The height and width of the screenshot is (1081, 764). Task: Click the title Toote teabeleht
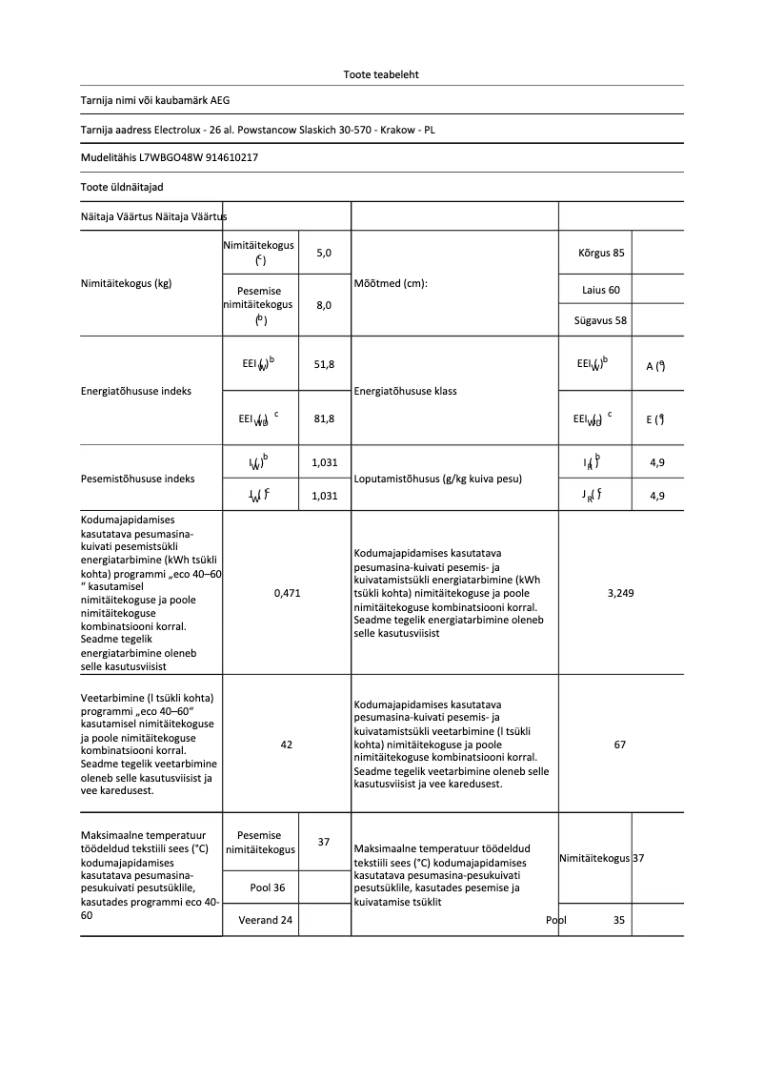381,74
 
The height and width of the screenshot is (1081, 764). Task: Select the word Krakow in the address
398,129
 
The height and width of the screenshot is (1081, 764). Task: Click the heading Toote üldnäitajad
115,187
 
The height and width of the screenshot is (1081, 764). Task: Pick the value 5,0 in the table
324,254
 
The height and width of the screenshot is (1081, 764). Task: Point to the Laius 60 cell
601,289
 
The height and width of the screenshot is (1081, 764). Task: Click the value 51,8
324,365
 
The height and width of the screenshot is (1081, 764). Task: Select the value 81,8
324,418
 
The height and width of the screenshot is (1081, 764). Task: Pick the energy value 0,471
287,593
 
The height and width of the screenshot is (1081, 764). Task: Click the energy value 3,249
620,593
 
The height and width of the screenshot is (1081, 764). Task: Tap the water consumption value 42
287,744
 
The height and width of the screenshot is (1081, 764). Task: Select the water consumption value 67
620,744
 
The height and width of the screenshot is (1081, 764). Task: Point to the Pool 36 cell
268,887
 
